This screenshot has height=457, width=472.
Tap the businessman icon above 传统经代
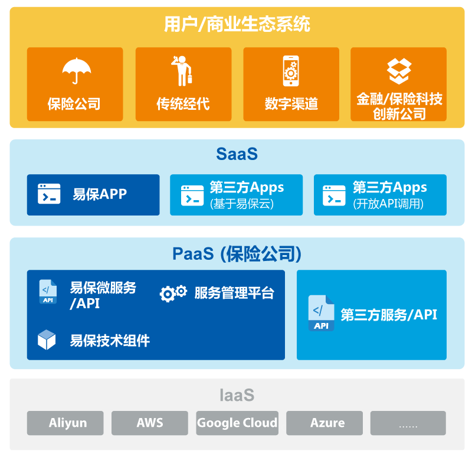182,71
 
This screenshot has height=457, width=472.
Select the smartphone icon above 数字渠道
291,71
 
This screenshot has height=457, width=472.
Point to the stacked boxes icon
399,71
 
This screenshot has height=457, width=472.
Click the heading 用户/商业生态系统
237,24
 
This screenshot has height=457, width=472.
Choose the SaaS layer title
237,154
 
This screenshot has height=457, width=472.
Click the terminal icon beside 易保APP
49,194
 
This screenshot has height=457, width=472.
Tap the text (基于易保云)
242,204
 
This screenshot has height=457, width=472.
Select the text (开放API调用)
388,204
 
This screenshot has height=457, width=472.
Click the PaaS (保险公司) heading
237,254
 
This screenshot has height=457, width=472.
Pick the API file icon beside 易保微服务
48,292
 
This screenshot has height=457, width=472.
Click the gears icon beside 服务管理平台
173,293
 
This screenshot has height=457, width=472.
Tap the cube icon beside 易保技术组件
47,340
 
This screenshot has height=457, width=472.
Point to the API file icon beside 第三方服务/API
321,314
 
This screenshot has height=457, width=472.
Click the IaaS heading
237,395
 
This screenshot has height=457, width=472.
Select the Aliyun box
65,423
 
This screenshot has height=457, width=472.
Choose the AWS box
150,423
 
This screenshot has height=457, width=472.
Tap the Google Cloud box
237,423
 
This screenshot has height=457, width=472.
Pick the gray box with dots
408,423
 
